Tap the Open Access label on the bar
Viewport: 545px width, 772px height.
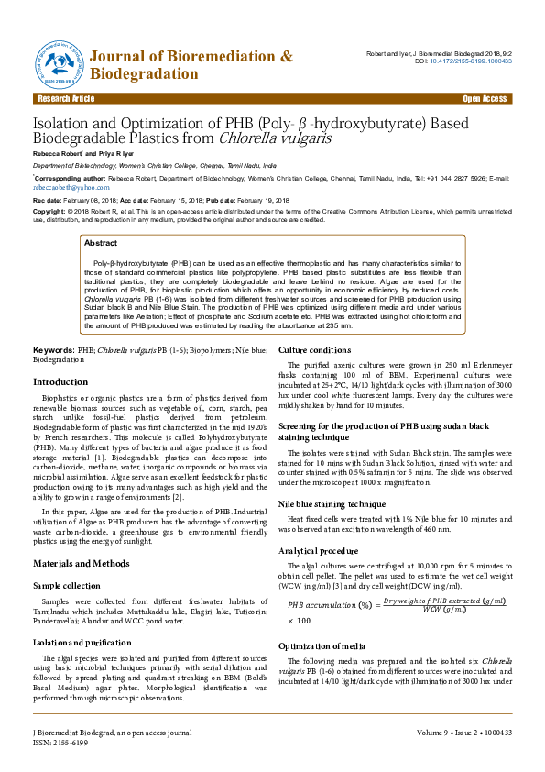coord(485,98)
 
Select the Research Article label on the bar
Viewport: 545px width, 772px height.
coord(64,98)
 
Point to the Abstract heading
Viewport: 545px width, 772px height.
coord(101,243)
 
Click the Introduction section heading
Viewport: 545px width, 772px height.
coord(60,381)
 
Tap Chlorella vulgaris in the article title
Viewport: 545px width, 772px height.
coord(276,139)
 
